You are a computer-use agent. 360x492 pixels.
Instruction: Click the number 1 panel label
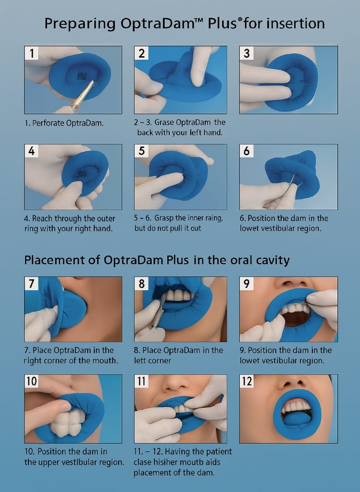(x=31, y=53)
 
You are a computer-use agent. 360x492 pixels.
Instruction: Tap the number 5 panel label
(x=141, y=151)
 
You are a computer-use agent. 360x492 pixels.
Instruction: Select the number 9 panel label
(x=247, y=283)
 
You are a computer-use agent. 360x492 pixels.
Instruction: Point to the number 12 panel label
(x=247, y=381)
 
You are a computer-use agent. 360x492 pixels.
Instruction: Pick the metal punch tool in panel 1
(x=83, y=96)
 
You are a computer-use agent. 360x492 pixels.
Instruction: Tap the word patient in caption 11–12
(x=219, y=452)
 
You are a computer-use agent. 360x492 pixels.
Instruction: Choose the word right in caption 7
(x=32, y=361)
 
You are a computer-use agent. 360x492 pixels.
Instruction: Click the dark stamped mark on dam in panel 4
(x=81, y=172)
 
